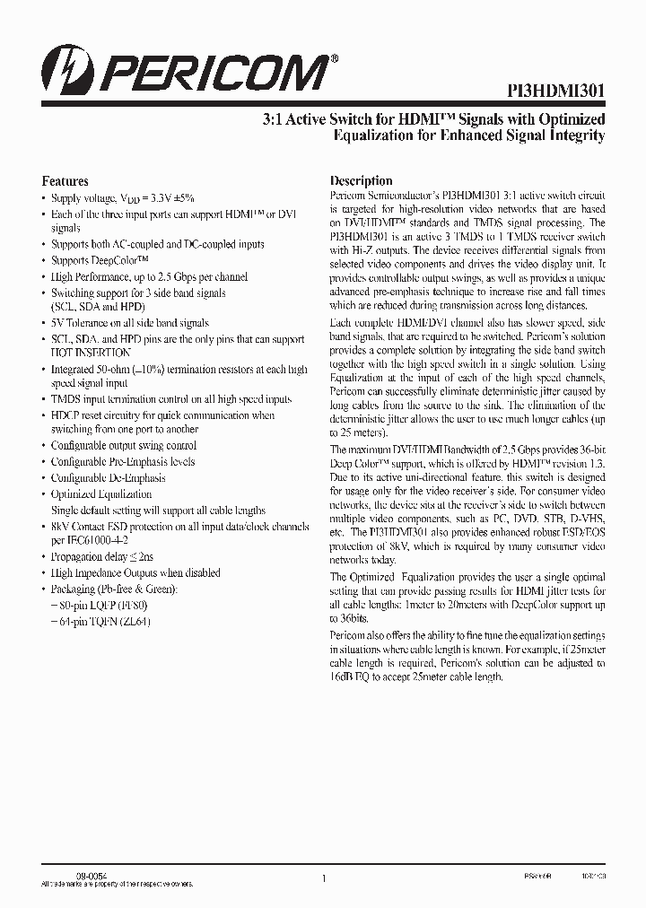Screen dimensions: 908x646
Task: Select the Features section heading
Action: pos(65,180)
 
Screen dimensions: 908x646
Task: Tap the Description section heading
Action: pos(362,180)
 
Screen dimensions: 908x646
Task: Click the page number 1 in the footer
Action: pos(323,878)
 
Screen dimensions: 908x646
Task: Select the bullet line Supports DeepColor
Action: pos(98,260)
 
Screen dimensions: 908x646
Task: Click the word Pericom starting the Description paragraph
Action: pos(350,196)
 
